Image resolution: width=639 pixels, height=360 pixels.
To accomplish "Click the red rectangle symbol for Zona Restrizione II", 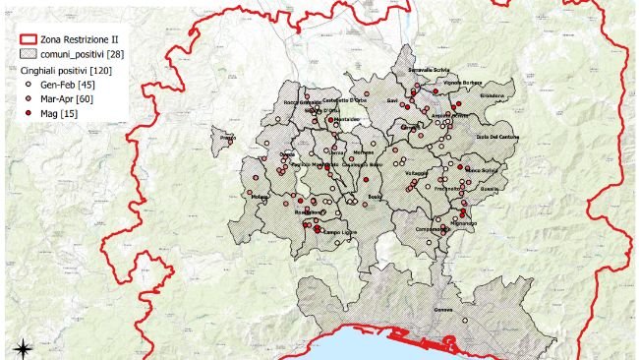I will (28, 38).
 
